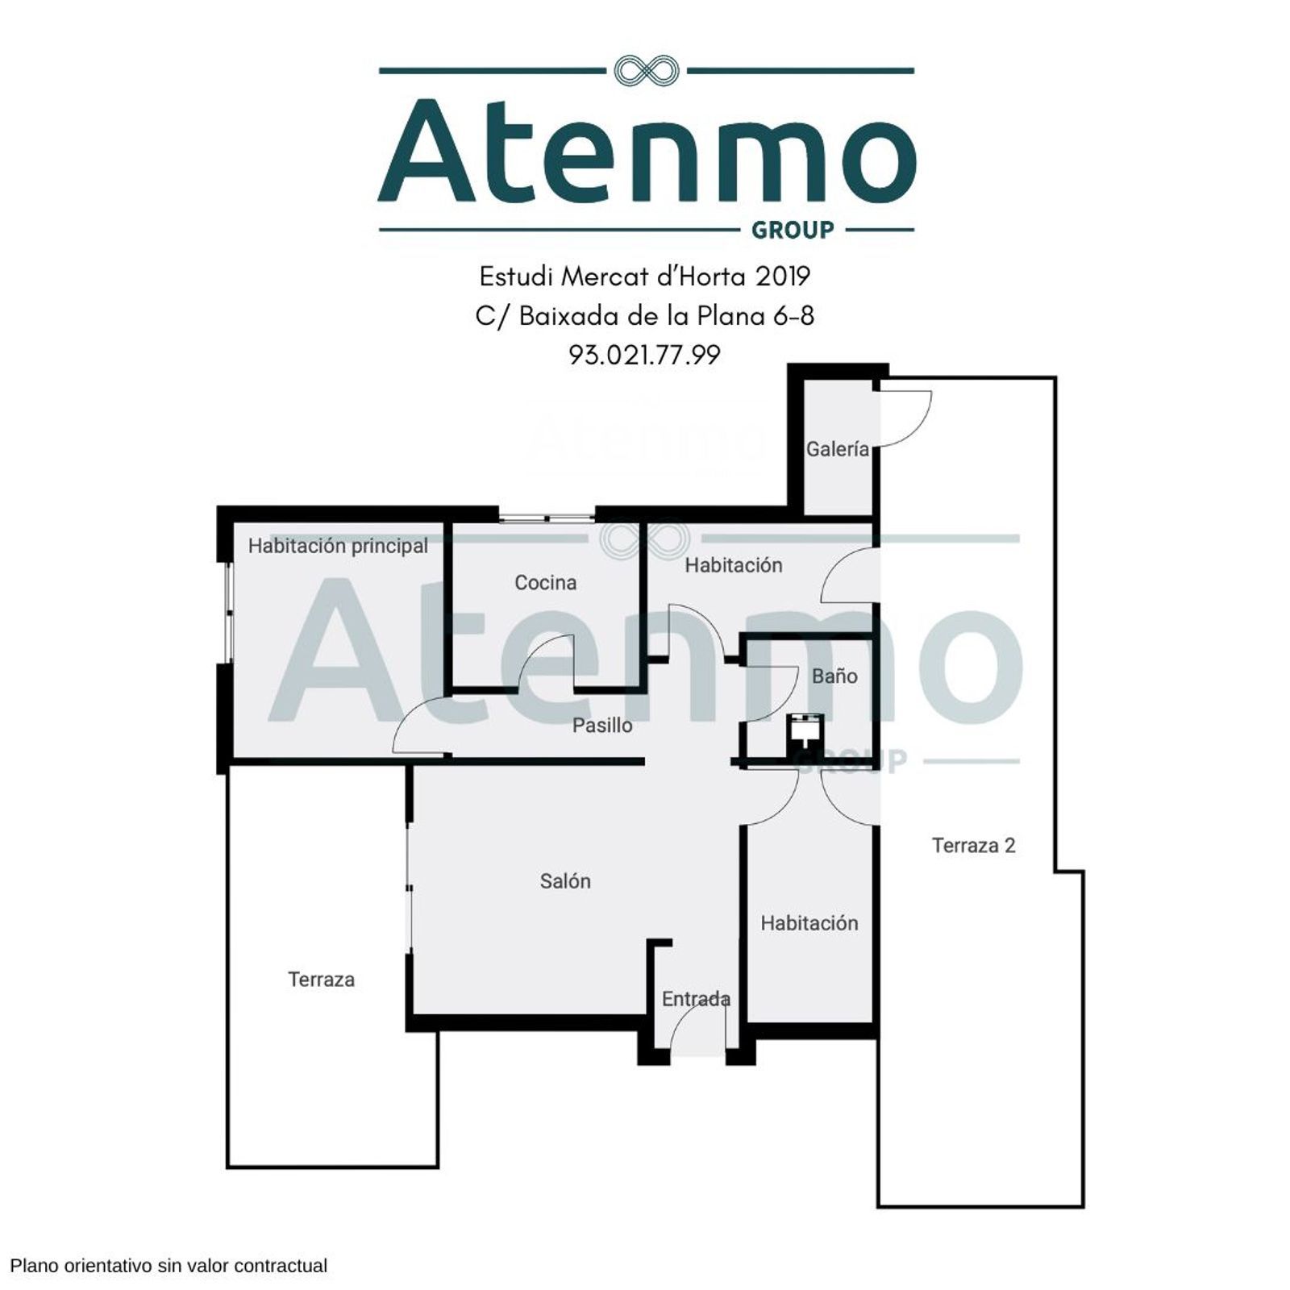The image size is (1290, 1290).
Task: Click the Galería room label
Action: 838,449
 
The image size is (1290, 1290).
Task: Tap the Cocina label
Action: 546,582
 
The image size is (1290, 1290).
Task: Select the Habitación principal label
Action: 338,546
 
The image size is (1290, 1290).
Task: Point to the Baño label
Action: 834,676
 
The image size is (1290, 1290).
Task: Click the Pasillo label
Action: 602,725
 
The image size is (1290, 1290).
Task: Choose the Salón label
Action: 565,881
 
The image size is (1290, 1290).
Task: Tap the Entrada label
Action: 696,999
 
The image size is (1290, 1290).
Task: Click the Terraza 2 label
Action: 973,845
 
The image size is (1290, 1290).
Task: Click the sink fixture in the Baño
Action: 805,732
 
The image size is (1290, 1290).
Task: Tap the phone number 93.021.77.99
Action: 645,355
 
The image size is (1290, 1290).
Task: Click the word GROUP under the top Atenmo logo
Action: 793,231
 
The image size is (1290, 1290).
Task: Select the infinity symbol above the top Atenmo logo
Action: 647,71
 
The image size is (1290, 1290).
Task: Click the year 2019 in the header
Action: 782,277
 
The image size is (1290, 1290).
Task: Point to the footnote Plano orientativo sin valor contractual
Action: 169,1266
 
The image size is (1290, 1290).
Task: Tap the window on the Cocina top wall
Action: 546,517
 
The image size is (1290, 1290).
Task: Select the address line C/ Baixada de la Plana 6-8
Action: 645,316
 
